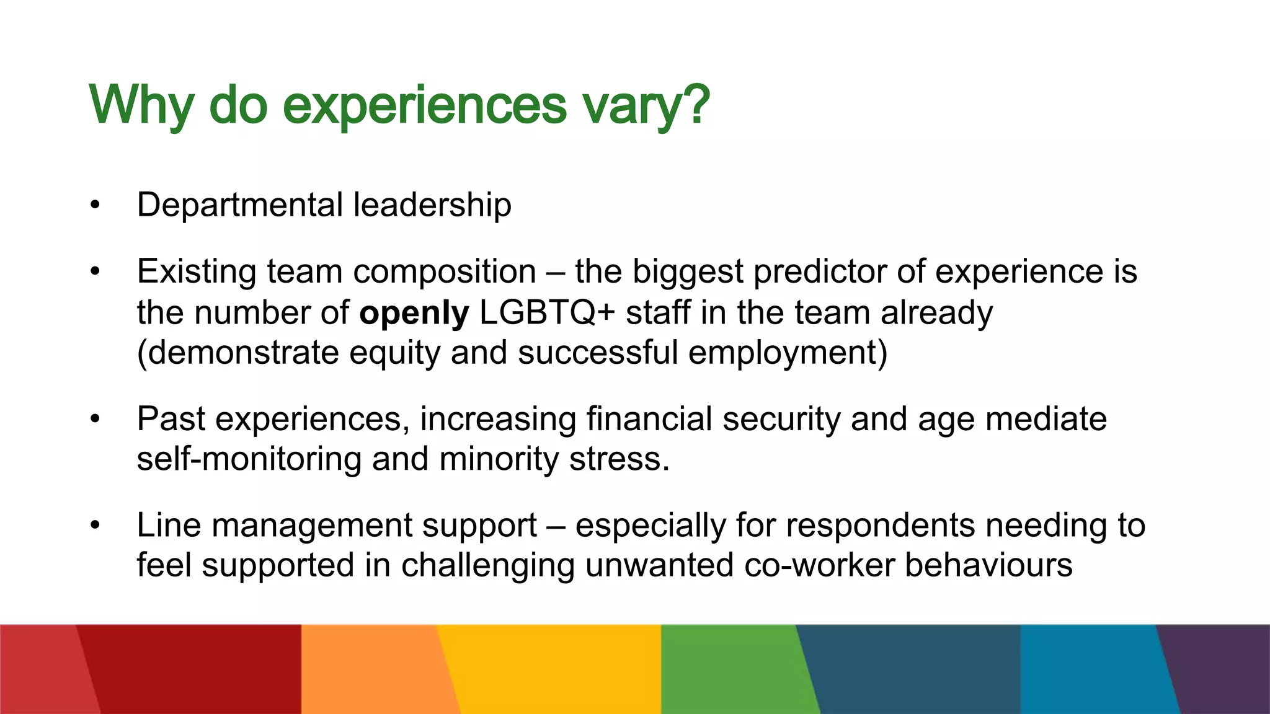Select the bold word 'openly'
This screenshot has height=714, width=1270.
point(414,313)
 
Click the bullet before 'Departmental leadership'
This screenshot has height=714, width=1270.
point(94,206)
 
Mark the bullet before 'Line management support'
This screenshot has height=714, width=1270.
point(94,526)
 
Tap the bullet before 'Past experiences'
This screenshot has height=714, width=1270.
point(94,420)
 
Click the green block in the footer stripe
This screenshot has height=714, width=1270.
point(732,669)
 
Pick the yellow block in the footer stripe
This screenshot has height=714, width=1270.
point(552,669)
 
